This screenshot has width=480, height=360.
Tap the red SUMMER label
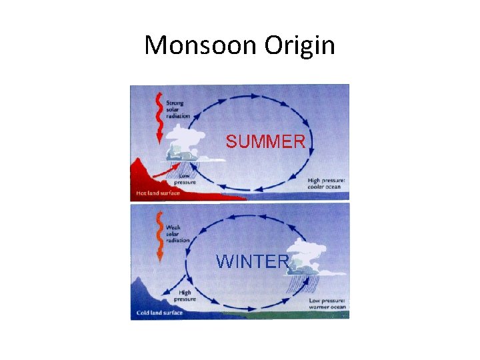pos(265,141)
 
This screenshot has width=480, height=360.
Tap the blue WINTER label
pos(252,261)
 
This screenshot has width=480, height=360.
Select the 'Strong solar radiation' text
pos(177,109)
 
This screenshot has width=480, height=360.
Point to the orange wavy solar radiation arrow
pos(159,235)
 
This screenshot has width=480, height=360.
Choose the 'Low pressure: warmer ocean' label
pos(327,303)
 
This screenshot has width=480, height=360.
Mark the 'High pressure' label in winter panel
pos(185,295)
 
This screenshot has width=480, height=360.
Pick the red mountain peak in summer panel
pos(141,167)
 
